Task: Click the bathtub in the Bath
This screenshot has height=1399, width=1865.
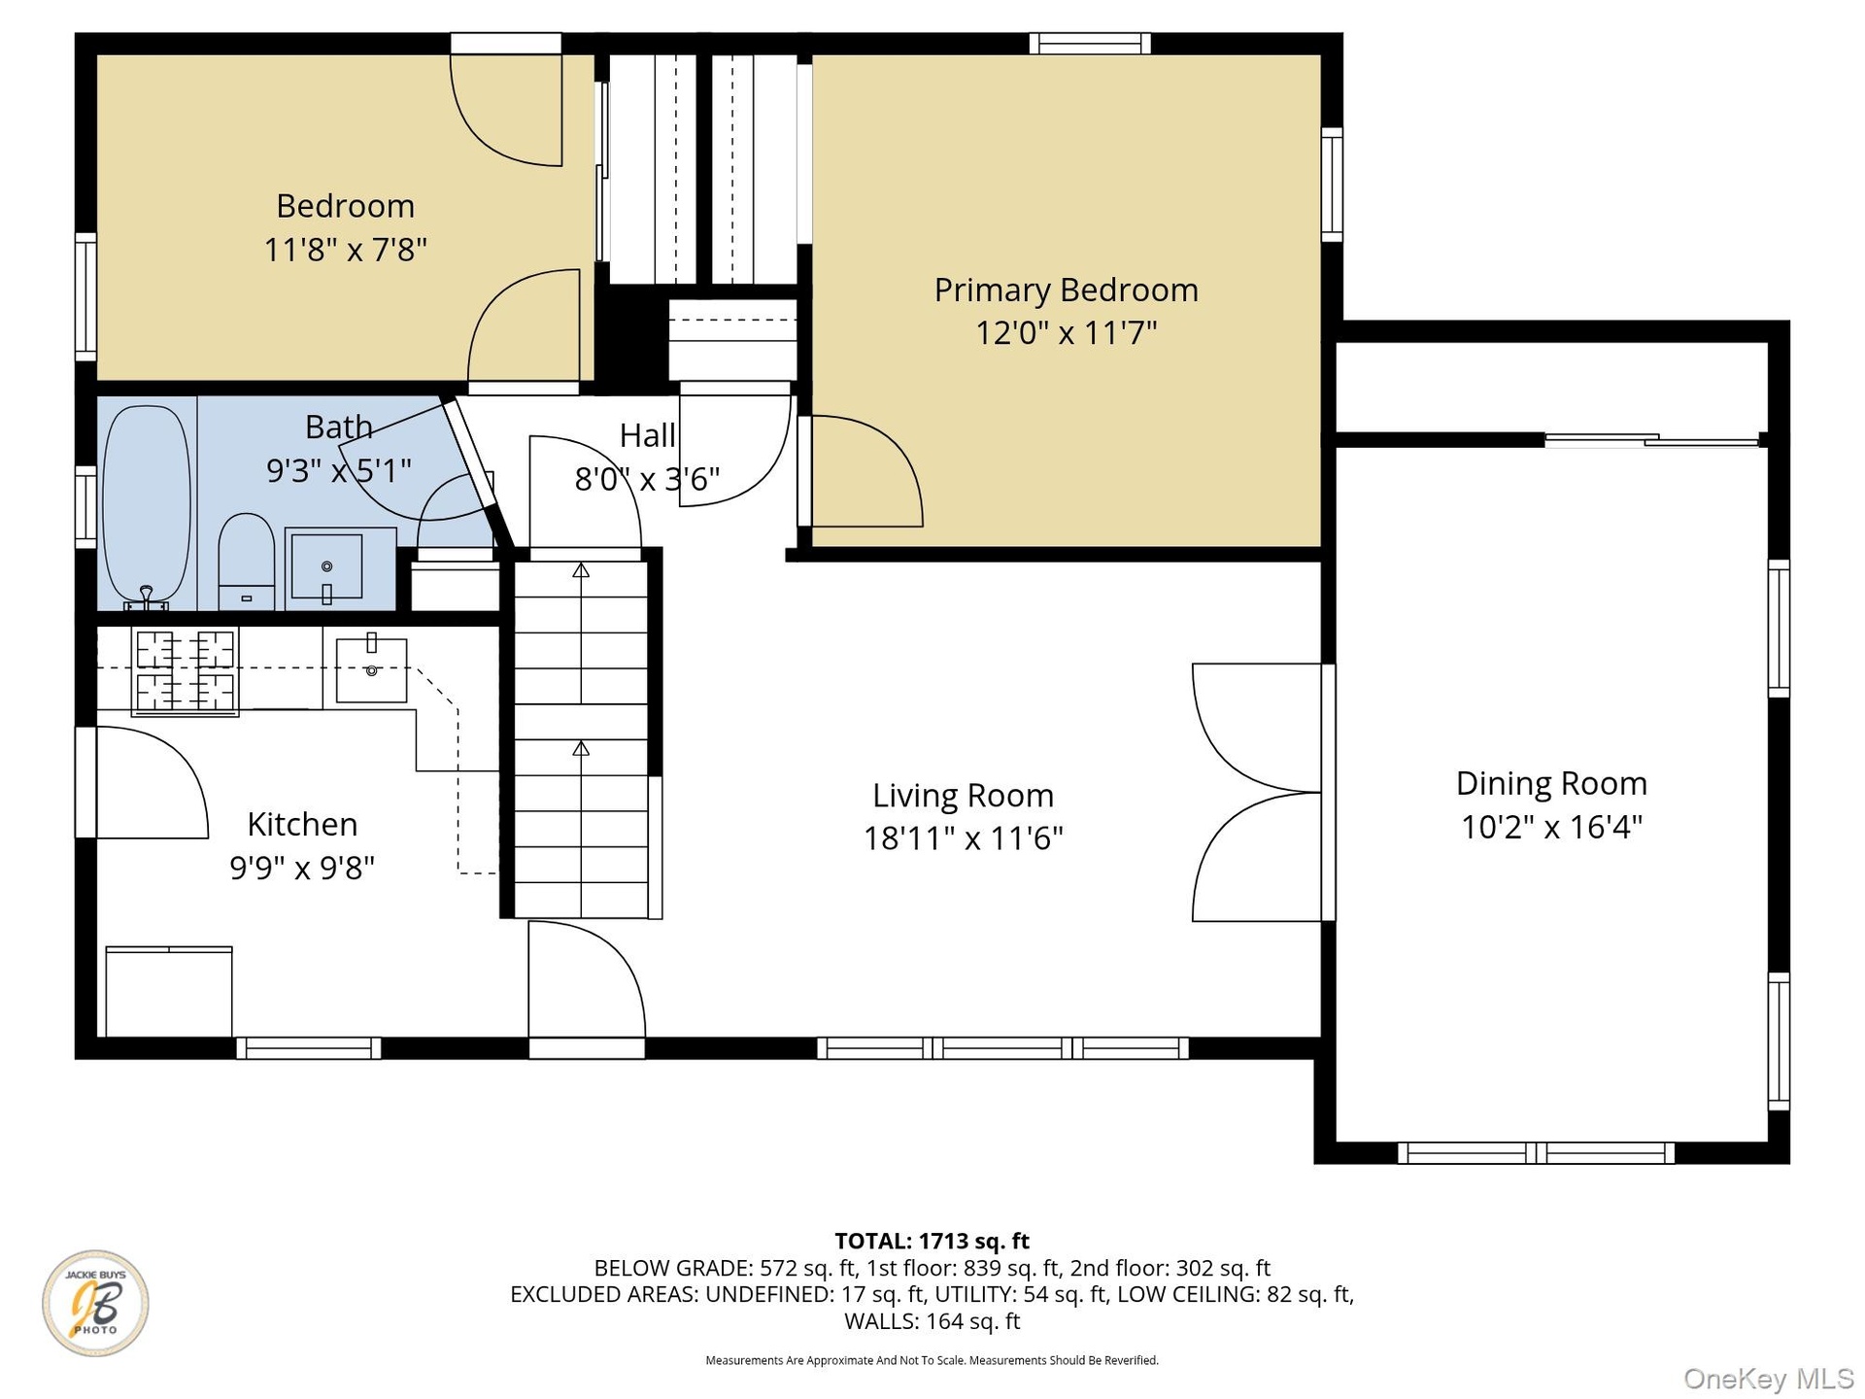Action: tap(147, 505)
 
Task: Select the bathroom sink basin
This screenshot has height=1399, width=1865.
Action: tap(326, 566)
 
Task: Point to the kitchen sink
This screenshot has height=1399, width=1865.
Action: tap(371, 669)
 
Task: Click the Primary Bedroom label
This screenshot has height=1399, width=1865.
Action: tap(1066, 290)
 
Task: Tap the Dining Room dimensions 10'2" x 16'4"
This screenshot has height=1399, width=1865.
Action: tap(1551, 827)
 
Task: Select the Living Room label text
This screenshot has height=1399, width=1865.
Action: tap(963, 796)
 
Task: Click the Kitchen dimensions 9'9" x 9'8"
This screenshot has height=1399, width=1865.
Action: tap(302, 868)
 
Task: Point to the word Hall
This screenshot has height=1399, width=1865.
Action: tap(647, 435)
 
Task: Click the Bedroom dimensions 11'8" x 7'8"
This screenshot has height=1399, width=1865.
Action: tap(346, 250)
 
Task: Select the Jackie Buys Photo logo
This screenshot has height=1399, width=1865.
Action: tap(95, 1303)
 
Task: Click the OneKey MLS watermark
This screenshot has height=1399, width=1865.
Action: tap(1769, 1378)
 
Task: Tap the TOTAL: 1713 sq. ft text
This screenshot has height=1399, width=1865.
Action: tap(932, 1241)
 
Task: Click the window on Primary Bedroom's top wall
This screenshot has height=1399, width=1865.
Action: tap(1090, 43)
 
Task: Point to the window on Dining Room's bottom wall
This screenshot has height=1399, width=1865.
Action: tap(1536, 1153)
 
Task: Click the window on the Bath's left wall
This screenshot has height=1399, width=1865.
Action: tap(85, 506)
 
